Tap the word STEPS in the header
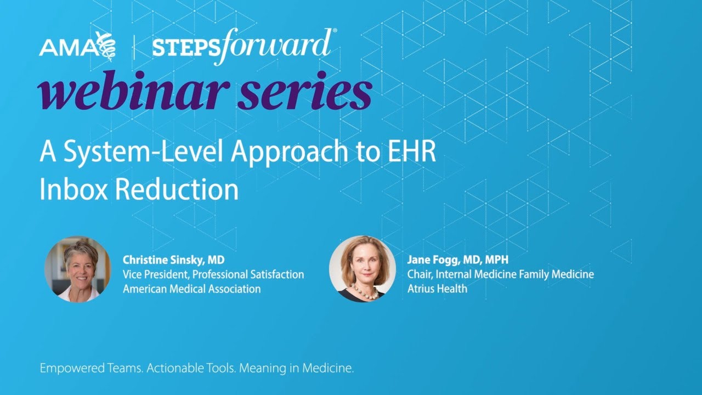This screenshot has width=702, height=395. pyautogui.click(x=178, y=48)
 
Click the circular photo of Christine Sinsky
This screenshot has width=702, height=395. pyautogui.click(x=78, y=269)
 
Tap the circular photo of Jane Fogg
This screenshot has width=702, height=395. pyautogui.click(x=363, y=269)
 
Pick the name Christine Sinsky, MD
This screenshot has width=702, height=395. pyautogui.click(x=173, y=259)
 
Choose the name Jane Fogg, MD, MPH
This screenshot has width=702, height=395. pyautogui.click(x=458, y=259)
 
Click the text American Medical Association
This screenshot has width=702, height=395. pyautogui.click(x=191, y=289)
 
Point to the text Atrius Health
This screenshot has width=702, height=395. pyautogui.click(x=437, y=288)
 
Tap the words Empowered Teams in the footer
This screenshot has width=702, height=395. pyautogui.click(x=90, y=369)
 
